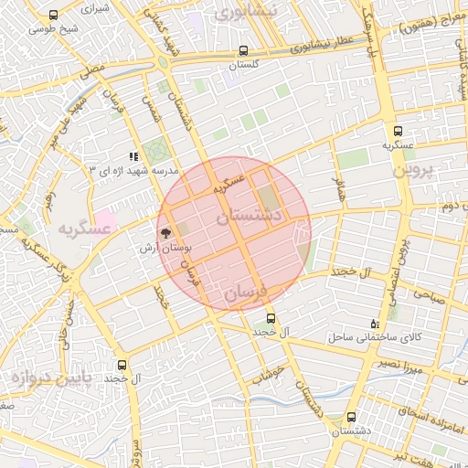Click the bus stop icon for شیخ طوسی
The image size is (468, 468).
tap(53, 15)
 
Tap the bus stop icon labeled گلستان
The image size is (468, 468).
tap(242, 51)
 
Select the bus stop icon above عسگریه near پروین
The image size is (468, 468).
tap(398, 131)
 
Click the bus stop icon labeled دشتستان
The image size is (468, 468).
tap(351, 417)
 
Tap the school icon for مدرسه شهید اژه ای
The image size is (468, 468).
tap(133, 156)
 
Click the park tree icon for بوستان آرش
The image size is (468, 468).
tap(165, 233)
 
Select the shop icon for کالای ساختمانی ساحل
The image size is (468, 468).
tap(373, 324)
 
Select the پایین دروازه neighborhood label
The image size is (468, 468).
tap(45, 376)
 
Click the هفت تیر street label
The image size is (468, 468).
tap(395, 454)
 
